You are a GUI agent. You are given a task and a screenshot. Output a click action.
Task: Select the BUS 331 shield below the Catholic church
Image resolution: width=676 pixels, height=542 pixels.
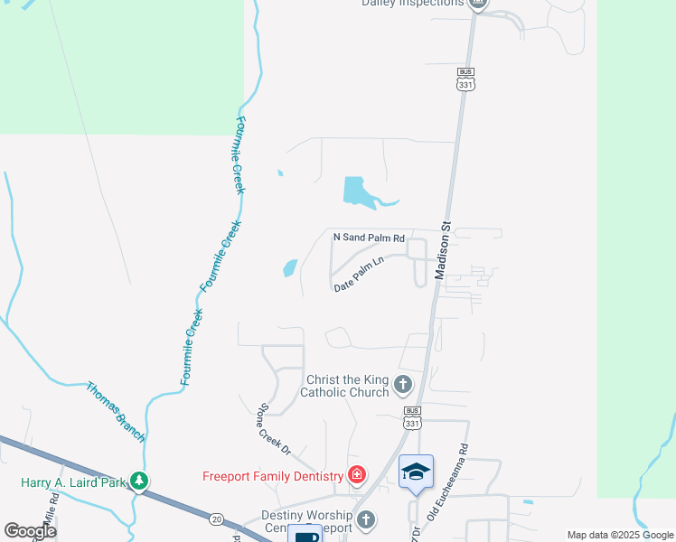412,416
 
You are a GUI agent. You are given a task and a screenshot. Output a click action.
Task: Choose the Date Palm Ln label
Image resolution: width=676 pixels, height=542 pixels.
359,274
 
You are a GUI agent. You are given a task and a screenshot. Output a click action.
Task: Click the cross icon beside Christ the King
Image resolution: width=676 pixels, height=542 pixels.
403,386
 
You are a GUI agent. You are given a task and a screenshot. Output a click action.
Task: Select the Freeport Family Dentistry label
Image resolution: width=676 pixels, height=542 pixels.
272,476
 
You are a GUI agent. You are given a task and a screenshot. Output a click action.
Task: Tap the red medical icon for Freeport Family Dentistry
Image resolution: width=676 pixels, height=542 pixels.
357,475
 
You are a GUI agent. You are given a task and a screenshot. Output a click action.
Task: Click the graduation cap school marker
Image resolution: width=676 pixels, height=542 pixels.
416,472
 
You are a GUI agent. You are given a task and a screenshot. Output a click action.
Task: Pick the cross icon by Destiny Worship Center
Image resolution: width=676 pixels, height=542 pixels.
366,519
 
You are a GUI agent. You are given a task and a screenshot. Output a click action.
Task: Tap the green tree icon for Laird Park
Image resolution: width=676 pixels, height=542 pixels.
139,481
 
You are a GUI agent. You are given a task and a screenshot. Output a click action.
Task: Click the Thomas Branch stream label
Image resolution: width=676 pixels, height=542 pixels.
115,412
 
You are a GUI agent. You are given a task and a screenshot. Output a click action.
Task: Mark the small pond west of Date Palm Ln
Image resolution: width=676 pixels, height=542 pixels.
290,267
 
